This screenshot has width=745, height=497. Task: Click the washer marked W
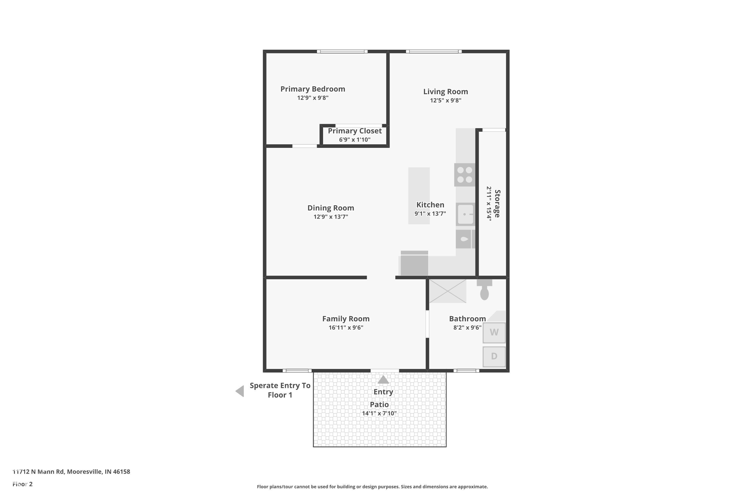pos(494,332)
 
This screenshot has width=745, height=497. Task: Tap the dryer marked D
pos(494,357)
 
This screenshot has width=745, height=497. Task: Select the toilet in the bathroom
pos(484,290)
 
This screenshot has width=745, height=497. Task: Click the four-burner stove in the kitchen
pos(465,175)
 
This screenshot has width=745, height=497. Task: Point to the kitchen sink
pos(465,214)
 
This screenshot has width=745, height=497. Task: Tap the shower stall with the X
pos(447,291)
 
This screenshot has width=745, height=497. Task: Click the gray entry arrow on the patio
pos(383,379)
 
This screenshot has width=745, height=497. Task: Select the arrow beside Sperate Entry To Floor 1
pos(240,391)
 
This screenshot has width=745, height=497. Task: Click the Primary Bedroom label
pos(313,89)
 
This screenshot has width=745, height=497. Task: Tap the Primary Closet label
pos(355,131)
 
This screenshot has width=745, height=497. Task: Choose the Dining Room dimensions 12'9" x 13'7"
pos(331,217)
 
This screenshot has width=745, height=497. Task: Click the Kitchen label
pos(430,205)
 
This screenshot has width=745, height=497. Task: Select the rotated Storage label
pos(497,204)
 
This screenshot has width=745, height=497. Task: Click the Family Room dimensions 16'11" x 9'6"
pos(346,328)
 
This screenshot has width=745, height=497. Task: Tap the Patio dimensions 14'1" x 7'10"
pos(379,413)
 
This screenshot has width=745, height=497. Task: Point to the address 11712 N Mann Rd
pos(39,472)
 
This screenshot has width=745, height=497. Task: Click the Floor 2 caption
pos(23,484)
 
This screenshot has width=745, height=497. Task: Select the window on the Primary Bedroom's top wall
pos(342,51)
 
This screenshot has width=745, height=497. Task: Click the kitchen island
pos(419,196)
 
